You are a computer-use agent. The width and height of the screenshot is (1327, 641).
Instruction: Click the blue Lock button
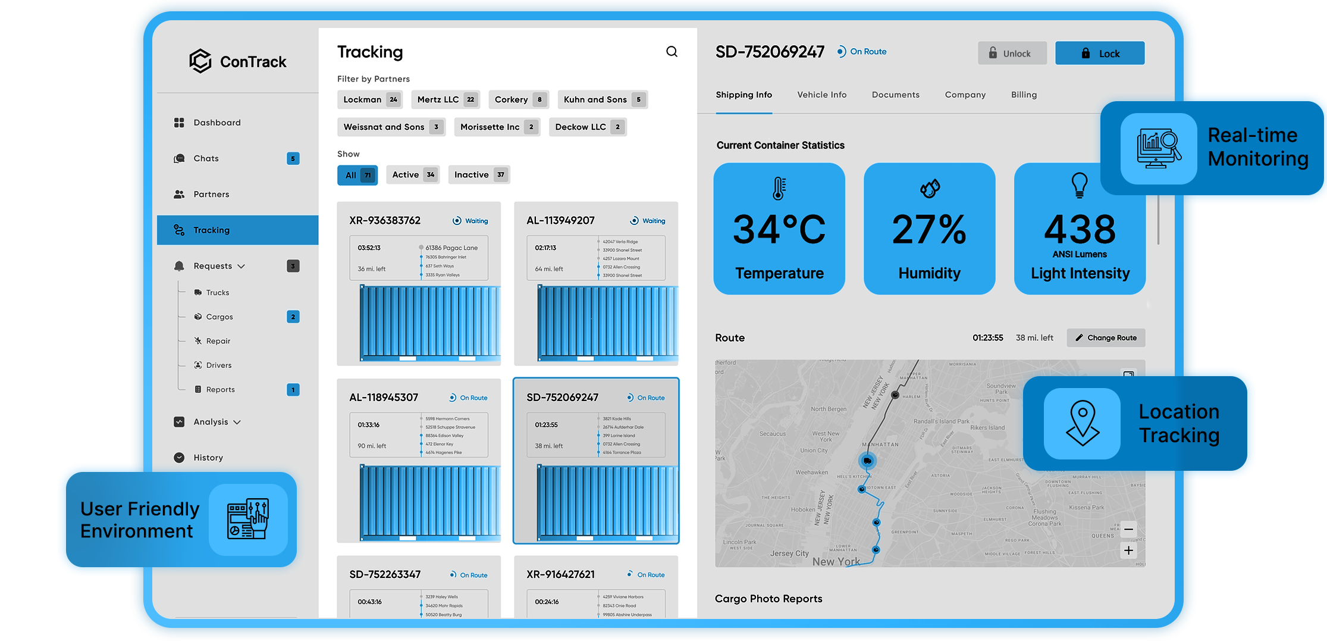(x=1099, y=53)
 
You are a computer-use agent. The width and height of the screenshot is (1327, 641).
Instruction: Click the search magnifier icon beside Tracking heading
(x=672, y=52)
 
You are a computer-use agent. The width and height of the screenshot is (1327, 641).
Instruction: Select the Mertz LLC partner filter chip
(x=446, y=99)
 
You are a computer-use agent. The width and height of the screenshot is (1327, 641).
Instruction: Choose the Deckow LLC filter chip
(x=587, y=127)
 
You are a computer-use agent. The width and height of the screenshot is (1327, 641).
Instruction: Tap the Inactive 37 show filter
(x=479, y=174)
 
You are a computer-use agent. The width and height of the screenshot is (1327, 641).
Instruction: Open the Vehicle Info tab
(x=821, y=95)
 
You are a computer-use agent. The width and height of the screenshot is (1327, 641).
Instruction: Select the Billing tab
(x=1023, y=95)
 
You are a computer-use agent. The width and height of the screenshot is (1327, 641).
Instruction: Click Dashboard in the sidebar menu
(x=217, y=123)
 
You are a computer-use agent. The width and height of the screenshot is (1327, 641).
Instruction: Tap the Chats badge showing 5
(x=293, y=158)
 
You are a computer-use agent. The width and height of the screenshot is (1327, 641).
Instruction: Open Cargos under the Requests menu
(x=219, y=317)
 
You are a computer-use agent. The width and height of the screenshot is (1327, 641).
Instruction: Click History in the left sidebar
(x=208, y=458)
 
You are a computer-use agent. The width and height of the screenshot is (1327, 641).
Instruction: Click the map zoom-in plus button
(x=1128, y=551)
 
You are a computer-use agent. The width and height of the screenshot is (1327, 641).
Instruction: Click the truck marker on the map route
(x=867, y=461)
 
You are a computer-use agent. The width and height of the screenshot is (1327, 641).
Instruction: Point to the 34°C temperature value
(x=779, y=230)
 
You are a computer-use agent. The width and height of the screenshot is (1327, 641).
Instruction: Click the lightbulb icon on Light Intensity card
(x=1079, y=185)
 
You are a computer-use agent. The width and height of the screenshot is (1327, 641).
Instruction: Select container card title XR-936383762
(x=385, y=220)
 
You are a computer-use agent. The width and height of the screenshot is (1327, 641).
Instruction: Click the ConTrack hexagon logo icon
(x=200, y=61)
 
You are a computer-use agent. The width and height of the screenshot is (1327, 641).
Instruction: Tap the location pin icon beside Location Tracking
(x=1082, y=423)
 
